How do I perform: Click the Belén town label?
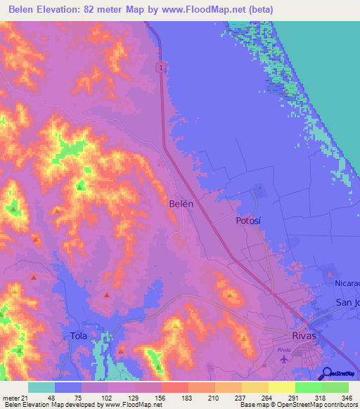(x=181, y=202)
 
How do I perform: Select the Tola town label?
(x=79, y=335)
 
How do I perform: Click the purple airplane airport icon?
(x=283, y=359)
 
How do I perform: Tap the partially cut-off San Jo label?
(x=347, y=302)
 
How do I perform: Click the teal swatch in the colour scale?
(x=41, y=387)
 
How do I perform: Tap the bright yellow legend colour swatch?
(x=281, y=387)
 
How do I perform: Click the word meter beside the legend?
(x=10, y=397)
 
